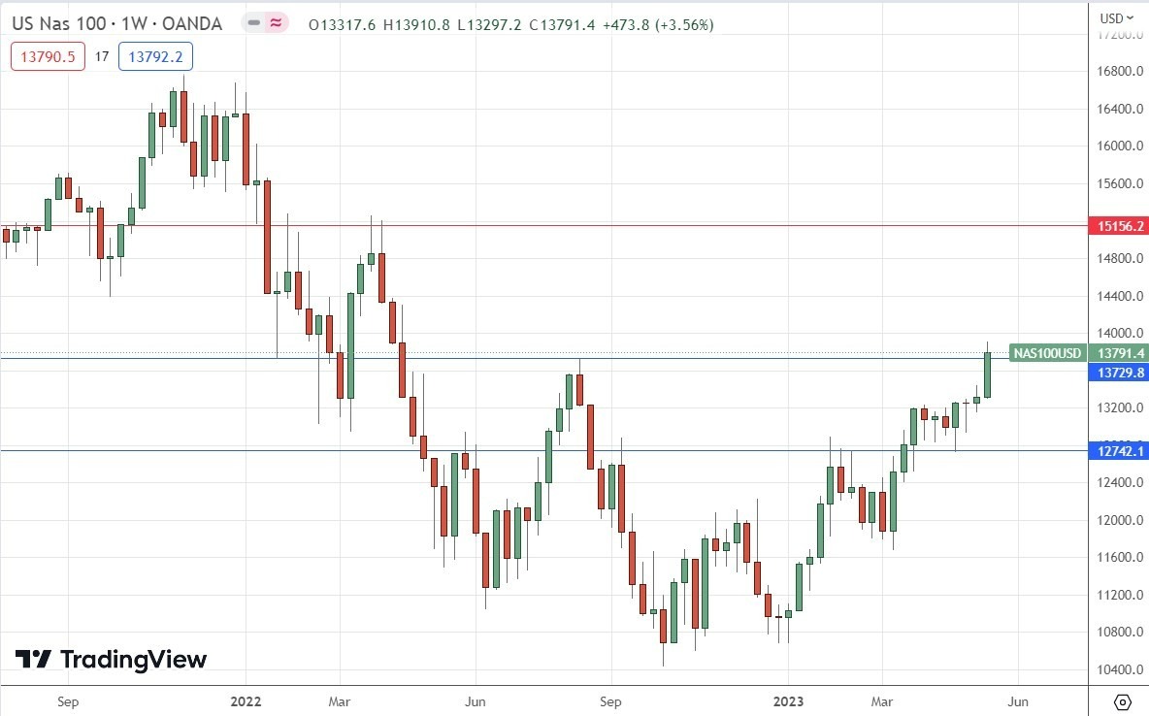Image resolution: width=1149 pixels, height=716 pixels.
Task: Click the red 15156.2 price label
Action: (x=1121, y=226)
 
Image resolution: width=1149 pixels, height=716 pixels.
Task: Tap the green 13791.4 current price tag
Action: (x=1121, y=353)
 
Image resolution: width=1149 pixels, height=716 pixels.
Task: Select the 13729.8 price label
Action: (x=1121, y=373)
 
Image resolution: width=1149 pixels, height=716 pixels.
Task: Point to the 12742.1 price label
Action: (x=1121, y=450)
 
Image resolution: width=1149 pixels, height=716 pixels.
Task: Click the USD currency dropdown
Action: (x=1116, y=17)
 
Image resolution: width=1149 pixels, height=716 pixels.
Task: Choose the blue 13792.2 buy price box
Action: (x=155, y=57)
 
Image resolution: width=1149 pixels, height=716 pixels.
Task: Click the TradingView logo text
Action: (x=133, y=660)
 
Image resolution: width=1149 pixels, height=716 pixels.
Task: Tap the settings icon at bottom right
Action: (x=1123, y=701)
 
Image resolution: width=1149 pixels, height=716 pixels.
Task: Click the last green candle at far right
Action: (x=988, y=374)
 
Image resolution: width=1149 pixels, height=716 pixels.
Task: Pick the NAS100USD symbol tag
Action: (x=1046, y=353)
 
